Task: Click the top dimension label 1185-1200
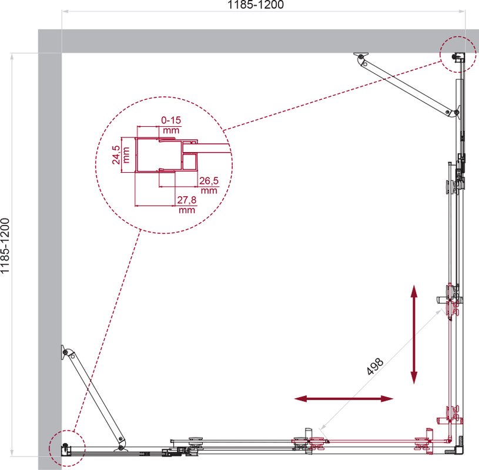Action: pos(256,5)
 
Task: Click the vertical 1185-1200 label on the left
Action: pos(5,246)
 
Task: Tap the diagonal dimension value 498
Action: pos(374,366)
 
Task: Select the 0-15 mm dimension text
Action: pos(171,125)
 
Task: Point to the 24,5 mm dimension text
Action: pos(120,155)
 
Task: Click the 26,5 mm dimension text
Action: pos(209,186)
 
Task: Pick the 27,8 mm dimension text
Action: pos(187,204)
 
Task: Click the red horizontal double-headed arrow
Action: pos(343,398)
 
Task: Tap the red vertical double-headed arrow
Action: pos(414,334)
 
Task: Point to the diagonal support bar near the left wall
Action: pos(94,398)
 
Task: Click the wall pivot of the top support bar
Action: pos(361,56)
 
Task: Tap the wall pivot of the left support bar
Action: pos(65,352)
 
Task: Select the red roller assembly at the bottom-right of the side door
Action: pos(451,417)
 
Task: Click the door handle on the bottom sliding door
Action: pos(308,434)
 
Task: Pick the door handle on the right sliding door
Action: pos(441,299)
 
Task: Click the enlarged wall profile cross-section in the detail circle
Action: pos(167,155)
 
